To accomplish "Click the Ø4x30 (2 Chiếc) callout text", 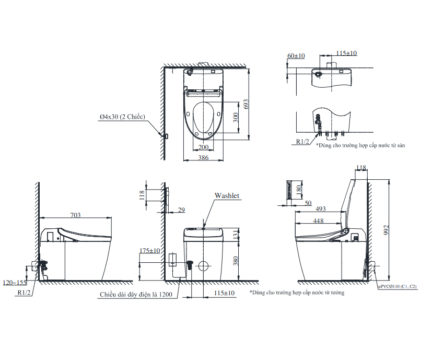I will [x=122, y=117].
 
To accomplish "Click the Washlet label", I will [x=227, y=195].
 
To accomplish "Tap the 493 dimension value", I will [x=320, y=209].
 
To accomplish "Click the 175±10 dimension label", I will [x=149, y=251].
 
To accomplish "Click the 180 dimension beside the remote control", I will [x=299, y=189].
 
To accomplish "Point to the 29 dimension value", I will [x=181, y=210].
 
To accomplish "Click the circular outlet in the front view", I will [x=204, y=266].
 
